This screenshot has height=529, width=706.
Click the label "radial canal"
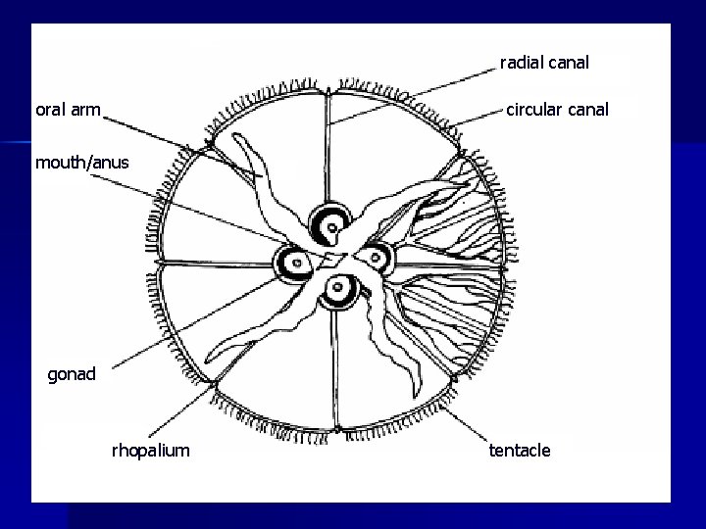[544, 63]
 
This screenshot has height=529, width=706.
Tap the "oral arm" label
[68, 110]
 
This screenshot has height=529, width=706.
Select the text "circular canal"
[557, 110]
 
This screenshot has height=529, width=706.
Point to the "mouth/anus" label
[81, 163]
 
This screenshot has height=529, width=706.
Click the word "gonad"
[72, 373]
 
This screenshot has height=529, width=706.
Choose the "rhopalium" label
[151, 450]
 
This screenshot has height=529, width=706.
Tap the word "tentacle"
[520, 450]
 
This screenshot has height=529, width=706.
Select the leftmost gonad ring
[291, 263]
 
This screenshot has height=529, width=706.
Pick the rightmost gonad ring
[374, 258]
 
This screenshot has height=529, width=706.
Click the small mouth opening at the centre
[332, 259]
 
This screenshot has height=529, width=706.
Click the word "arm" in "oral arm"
[84, 110]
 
